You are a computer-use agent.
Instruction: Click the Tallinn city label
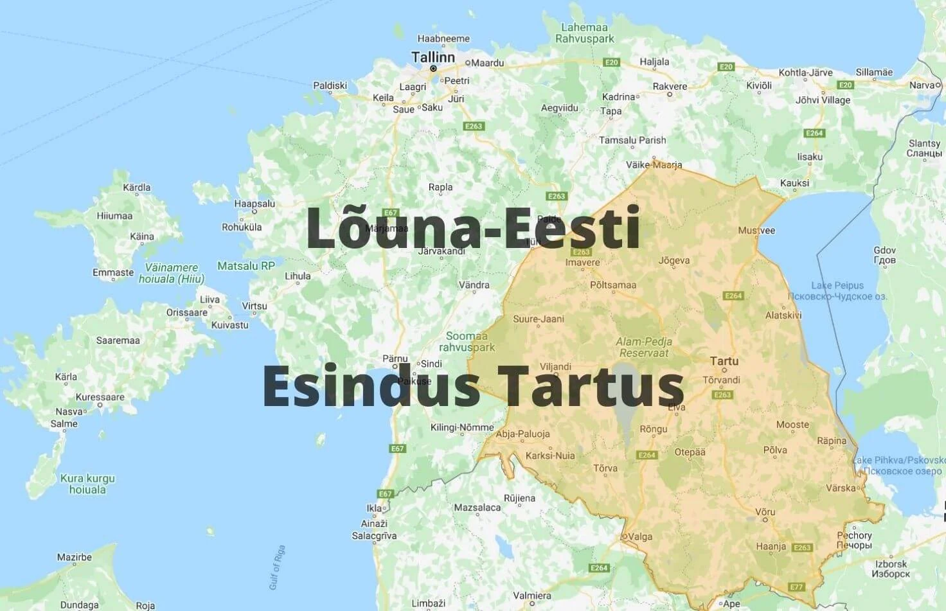[433, 57]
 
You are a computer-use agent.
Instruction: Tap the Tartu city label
[724, 361]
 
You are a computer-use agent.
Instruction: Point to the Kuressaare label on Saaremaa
[100, 397]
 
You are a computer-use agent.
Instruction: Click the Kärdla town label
[136, 188]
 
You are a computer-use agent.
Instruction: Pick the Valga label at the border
[639, 536]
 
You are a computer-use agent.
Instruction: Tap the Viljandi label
[555, 367]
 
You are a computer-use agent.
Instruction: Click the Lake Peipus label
[837, 285]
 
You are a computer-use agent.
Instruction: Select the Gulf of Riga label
[277, 567]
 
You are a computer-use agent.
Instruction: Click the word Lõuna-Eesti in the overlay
[473, 227]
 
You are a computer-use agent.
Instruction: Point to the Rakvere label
[670, 86]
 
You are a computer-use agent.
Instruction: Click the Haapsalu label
[254, 204]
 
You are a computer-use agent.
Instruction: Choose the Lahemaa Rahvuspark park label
[584, 33]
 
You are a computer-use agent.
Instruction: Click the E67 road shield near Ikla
[385, 493]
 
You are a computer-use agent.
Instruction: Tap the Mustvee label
[756, 230]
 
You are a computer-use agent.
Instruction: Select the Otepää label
[690, 452]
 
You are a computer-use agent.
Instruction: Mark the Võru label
[765, 512]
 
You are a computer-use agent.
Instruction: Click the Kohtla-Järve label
[805, 73]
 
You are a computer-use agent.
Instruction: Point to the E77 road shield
[796, 587]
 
